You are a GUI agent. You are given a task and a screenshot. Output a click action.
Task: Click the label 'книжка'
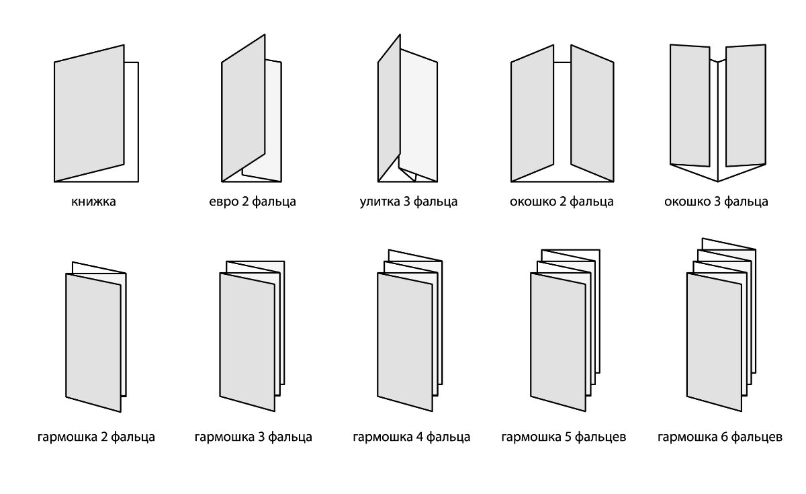coord(93,201)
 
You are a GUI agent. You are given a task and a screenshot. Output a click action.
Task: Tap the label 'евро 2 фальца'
coord(253,201)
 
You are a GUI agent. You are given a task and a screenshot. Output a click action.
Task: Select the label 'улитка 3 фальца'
coord(409,201)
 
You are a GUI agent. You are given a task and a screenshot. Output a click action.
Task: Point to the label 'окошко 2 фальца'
coord(562,201)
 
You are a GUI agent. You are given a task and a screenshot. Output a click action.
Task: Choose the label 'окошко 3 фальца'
coord(716,201)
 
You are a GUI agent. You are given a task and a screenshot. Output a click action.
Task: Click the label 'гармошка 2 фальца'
coord(96,437)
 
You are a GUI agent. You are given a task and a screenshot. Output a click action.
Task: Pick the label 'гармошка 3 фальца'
coord(253,437)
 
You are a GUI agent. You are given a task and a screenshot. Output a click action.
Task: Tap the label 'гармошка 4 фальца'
coord(411,437)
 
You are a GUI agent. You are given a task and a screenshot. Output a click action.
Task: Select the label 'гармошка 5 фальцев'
coord(564,437)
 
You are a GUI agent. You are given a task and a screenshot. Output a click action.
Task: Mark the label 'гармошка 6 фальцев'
coord(719,437)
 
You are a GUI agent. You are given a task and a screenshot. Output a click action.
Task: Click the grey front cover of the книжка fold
coord(89,113)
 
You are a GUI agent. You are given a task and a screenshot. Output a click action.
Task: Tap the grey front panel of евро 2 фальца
coord(243,108)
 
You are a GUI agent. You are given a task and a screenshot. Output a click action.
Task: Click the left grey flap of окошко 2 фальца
coord(532,113)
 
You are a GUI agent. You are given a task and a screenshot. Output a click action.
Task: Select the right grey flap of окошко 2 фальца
coord(592,113)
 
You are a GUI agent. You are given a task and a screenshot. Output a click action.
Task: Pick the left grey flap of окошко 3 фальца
coord(690,105)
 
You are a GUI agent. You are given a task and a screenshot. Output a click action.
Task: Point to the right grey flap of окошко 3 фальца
coord(746,105)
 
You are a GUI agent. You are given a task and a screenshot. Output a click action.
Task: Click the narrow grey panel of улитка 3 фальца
coord(389,108)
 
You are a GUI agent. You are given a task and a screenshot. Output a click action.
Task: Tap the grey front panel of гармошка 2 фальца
coord(93,342)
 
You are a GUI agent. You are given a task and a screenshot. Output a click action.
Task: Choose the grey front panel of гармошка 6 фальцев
coord(714,341)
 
